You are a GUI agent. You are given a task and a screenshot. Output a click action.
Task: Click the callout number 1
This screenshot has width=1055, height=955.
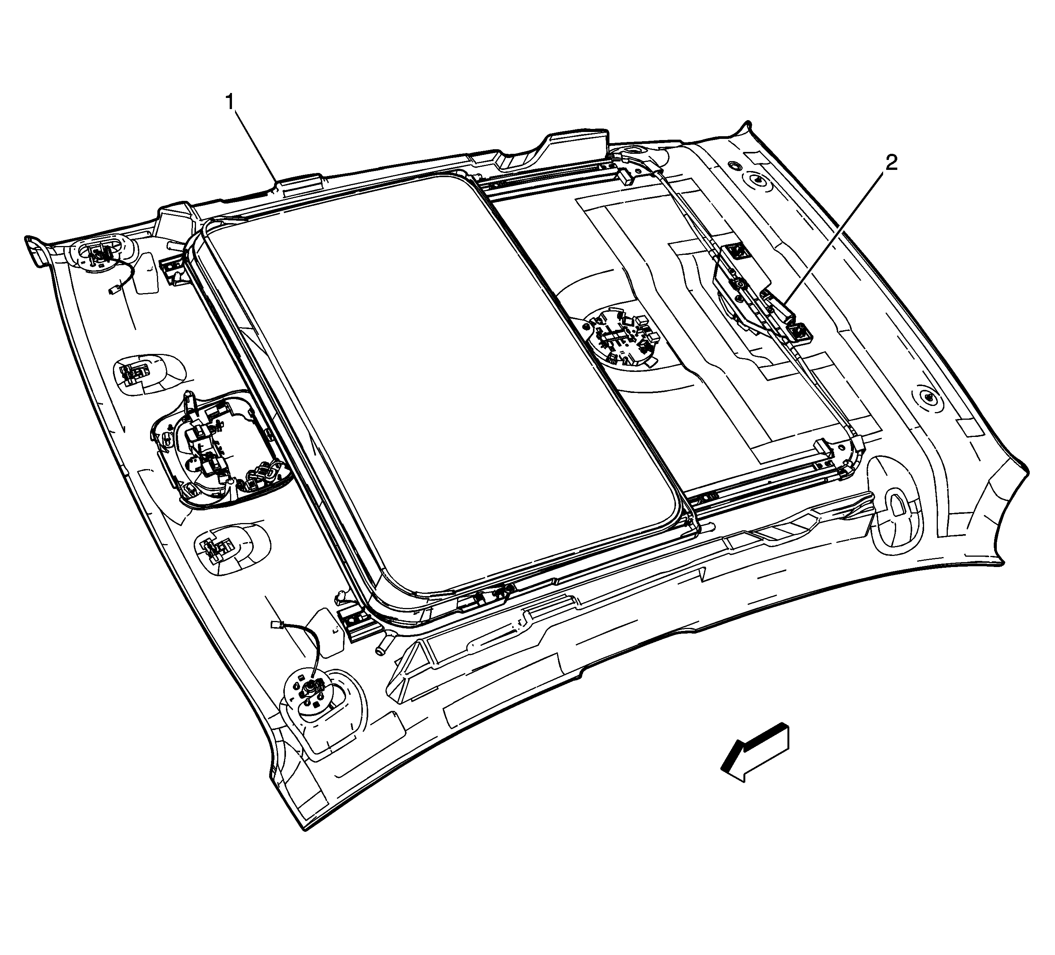click(x=230, y=102)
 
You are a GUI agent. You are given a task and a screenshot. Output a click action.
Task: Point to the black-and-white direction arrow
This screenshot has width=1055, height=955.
click(x=754, y=751)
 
